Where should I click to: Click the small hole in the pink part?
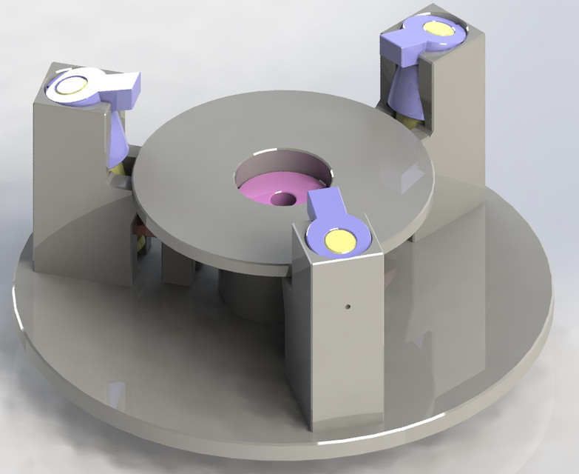coord(282,198)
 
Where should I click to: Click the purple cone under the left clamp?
coord(118,141)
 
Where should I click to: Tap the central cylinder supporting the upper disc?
coord(244,296)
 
